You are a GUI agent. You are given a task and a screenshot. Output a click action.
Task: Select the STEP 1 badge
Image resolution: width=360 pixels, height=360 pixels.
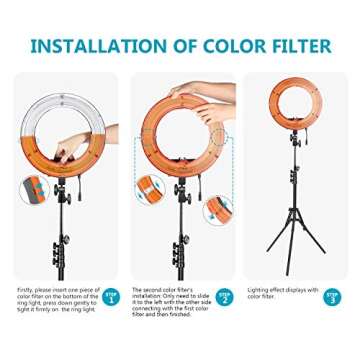pos(111,296)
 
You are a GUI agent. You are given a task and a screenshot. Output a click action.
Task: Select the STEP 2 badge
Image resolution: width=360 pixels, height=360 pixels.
pos(225,297)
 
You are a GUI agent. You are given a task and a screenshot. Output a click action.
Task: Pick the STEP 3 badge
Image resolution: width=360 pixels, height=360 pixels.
pos(331,296)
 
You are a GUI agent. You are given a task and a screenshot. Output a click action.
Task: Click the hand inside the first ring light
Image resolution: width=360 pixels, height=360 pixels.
pos(67,149)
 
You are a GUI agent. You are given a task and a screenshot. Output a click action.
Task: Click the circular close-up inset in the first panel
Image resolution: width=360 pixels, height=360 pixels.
pos(34,189)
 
